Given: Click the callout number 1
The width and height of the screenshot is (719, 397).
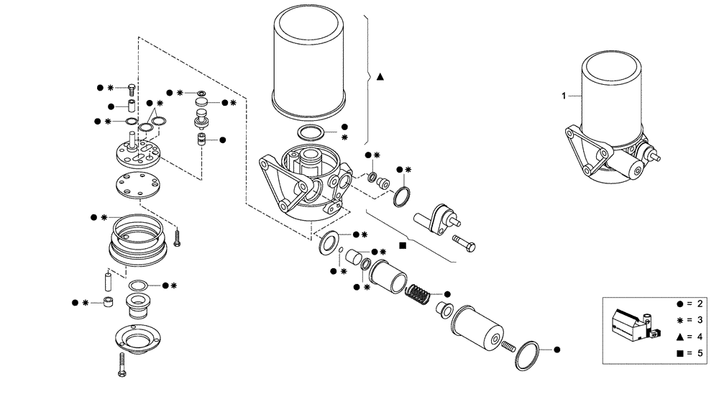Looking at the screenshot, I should pos(564,94).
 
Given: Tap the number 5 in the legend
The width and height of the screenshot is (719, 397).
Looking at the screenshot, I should pos(690,353).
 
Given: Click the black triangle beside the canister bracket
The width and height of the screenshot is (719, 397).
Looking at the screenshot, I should pos(380,76).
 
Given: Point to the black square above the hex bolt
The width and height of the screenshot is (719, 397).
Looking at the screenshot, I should pos(403,245).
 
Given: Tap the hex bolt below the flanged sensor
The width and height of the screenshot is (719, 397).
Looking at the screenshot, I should pos(462,244).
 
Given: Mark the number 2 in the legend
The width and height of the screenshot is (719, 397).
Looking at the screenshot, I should pos(690,304).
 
